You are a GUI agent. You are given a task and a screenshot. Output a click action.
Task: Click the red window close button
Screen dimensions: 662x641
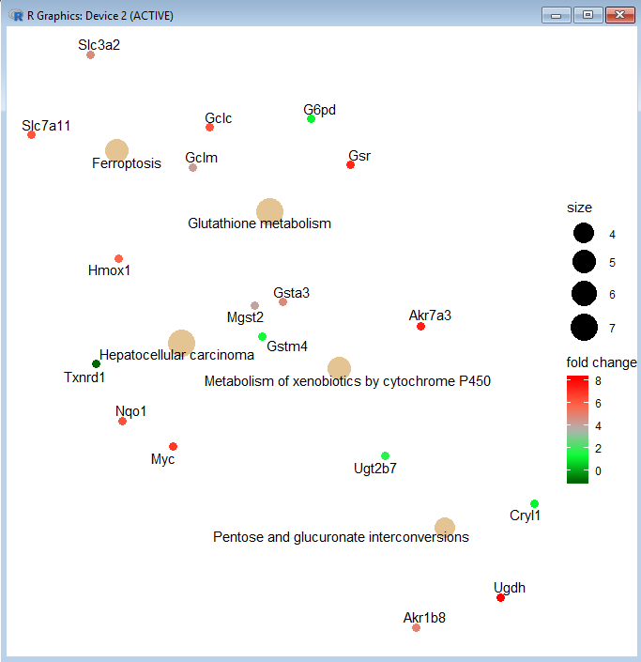point(618,15)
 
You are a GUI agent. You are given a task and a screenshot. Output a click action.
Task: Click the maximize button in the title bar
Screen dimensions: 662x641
point(588,15)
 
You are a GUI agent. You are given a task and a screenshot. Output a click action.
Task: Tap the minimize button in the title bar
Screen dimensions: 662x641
point(559,15)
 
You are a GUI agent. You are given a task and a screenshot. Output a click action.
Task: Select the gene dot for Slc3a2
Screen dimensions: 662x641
point(90,54)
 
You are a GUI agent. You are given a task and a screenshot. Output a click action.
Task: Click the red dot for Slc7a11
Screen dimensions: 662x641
point(31,134)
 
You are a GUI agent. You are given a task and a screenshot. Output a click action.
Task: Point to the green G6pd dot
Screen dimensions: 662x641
point(311,118)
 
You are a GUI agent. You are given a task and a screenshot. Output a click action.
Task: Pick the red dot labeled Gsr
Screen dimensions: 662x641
point(350,164)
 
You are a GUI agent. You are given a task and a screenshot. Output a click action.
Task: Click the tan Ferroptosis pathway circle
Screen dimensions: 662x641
point(116,150)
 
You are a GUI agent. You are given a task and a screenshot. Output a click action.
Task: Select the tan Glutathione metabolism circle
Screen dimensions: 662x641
point(269,211)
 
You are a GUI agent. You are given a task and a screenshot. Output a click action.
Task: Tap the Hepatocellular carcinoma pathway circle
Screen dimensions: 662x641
point(181,344)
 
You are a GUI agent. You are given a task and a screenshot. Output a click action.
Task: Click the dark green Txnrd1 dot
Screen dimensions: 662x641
point(96,363)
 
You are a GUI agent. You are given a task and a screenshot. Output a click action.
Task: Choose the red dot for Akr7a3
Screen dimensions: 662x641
point(420,326)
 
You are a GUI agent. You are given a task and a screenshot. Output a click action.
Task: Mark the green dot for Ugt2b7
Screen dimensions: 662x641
point(385,455)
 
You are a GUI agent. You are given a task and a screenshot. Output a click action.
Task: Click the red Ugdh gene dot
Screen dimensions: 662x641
point(500,597)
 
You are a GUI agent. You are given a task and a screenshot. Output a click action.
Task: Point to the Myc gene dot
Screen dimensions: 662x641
point(173,446)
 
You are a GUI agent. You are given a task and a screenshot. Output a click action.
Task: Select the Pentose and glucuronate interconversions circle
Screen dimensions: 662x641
point(445,528)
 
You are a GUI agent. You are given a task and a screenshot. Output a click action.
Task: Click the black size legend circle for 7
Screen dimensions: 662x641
point(584,327)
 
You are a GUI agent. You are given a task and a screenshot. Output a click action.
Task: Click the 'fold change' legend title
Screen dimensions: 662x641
point(602,362)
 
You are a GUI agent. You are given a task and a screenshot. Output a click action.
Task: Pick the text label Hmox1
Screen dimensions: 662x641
point(110,271)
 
